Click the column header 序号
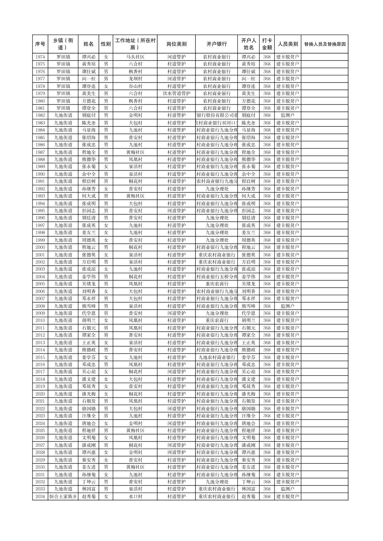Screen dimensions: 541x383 (40, 44)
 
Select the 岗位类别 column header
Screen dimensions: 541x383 (176, 44)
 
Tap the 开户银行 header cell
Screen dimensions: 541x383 (216, 44)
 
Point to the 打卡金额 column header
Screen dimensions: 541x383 (267, 44)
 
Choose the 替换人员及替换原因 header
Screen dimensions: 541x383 (324, 44)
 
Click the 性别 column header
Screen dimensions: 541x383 (106, 44)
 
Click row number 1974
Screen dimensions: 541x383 (40, 57)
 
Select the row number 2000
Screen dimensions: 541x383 (40, 247)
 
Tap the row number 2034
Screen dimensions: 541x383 (40, 497)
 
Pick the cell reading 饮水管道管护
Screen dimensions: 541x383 (176, 94)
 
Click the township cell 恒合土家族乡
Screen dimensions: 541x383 (63, 497)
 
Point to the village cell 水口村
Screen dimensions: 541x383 (135, 497)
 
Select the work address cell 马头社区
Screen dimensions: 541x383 (135, 57)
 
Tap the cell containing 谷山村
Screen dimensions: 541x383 (135, 86)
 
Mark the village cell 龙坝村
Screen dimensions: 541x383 (135, 79)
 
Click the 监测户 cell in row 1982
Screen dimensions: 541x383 (287, 115)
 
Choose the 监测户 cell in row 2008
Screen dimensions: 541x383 (287, 306)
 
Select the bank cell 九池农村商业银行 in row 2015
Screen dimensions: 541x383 (216, 357)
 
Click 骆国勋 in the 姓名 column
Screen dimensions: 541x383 (88, 409)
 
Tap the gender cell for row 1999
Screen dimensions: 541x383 (106, 240)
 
